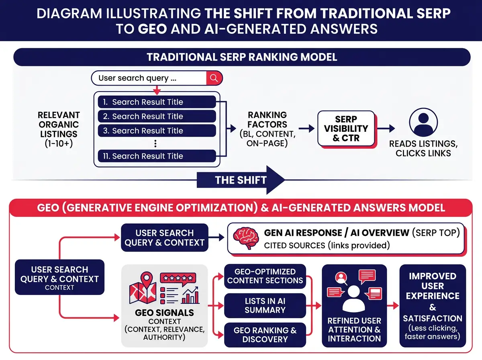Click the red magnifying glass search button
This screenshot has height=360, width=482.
click(x=214, y=78)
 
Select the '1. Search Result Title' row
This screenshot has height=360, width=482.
click(x=157, y=102)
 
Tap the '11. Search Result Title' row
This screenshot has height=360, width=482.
click(x=157, y=156)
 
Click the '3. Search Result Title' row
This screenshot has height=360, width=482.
click(x=157, y=131)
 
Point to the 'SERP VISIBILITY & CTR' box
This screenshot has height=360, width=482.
click(x=346, y=129)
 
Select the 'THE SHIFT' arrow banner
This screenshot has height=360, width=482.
click(x=241, y=180)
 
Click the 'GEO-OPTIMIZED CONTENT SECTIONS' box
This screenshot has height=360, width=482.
click(x=265, y=276)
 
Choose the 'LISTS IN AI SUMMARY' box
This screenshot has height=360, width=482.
click(x=265, y=305)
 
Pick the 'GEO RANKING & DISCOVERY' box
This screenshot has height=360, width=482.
click(x=265, y=335)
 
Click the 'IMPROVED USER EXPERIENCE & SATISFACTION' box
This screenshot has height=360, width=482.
click(x=433, y=305)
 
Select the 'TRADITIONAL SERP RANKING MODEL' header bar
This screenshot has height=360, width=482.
click(x=242, y=57)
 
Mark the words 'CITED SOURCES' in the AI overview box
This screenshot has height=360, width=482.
click(x=294, y=245)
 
